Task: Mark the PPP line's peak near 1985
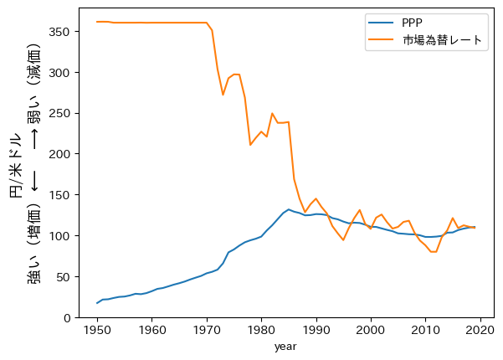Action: pos(289,209)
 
